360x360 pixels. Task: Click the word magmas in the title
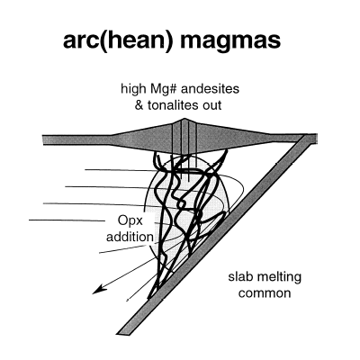coord(230,40)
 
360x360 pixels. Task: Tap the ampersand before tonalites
coord(139,105)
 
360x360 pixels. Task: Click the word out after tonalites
coord(211,106)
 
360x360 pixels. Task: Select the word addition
coord(130,237)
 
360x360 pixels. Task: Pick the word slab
coord(238,276)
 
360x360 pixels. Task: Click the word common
coord(265,292)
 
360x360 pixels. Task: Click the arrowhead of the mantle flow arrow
coord(99,290)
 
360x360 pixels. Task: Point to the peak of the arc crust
coord(184,120)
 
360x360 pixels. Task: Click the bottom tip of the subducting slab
coord(119,334)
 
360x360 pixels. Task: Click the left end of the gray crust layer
coord(43,140)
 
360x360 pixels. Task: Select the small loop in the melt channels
coord(181,204)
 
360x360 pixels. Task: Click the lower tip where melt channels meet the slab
coord(149,298)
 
